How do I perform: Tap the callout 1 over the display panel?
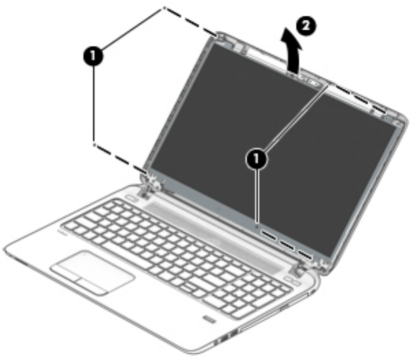pyautogui.click(x=256, y=158)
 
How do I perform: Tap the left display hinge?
pyautogui.click(x=149, y=184)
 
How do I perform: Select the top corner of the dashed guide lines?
pyautogui.click(x=165, y=8)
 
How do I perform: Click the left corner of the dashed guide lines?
pyautogui.click(x=93, y=145)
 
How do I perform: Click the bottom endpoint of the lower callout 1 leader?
pyautogui.click(x=255, y=224)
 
